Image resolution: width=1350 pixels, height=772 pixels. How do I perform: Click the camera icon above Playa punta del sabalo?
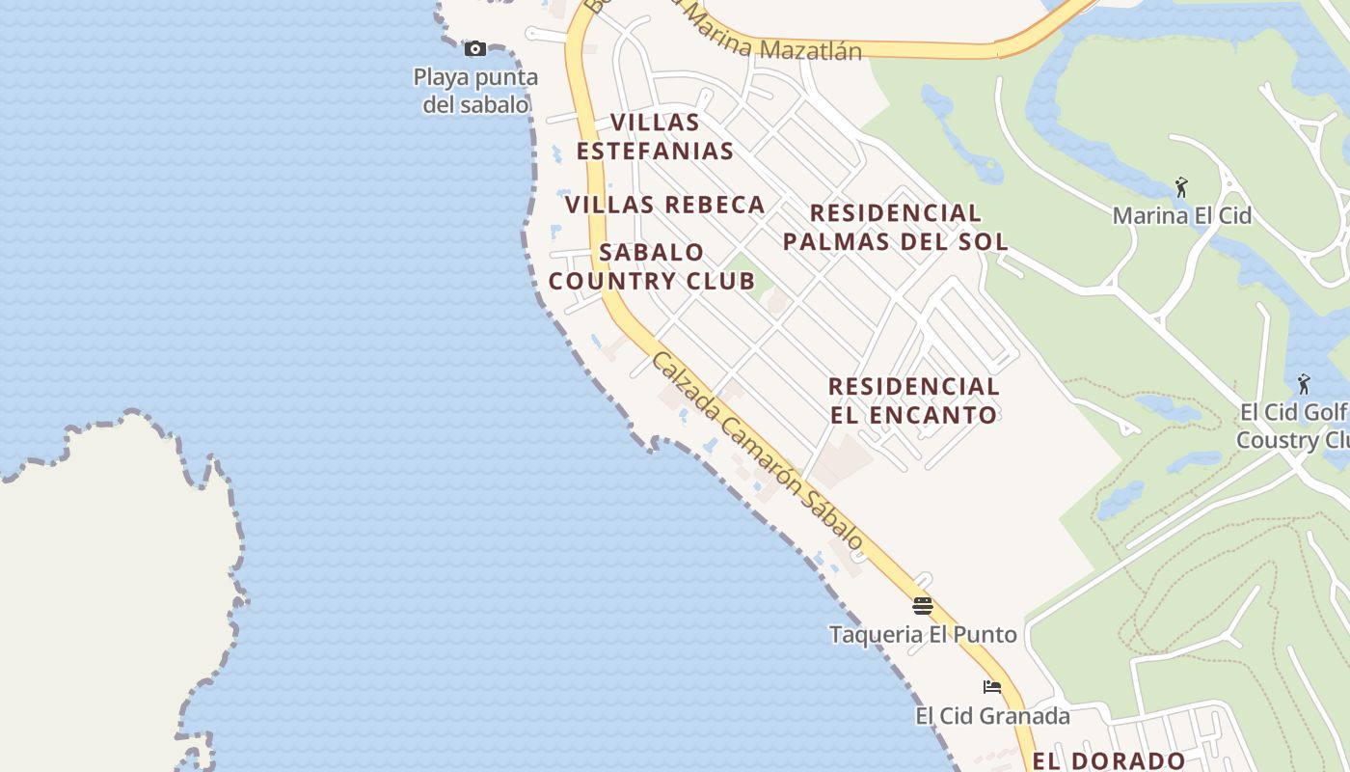[474, 48]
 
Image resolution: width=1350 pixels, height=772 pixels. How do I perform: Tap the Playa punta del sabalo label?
[475, 91]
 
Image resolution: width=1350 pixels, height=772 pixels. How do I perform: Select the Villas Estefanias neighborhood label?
[655, 137]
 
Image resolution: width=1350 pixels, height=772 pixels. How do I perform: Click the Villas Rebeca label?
[664, 205]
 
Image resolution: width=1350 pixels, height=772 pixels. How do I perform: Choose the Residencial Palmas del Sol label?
[895, 227]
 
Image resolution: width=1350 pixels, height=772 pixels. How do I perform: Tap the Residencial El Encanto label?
[913, 400]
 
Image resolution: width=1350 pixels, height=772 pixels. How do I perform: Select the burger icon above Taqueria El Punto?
[923, 606]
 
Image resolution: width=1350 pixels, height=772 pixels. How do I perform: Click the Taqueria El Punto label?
[923, 634]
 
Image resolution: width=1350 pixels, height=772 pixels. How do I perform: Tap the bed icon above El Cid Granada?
[991, 687]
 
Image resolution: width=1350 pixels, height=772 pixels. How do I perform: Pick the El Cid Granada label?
[992, 716]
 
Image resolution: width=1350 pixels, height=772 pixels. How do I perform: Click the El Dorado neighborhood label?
[1109, 760]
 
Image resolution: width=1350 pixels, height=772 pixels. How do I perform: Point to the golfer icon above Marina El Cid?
[1181, 187]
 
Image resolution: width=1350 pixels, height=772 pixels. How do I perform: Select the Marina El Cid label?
[1181, 215]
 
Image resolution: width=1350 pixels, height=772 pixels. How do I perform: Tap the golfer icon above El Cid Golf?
[1304, 384]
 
